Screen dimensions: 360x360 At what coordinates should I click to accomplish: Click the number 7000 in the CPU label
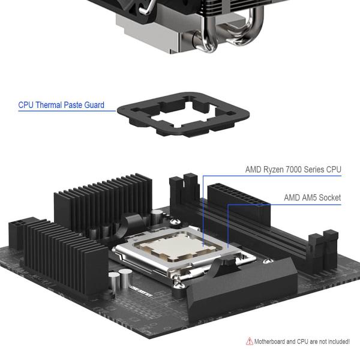click(301, 170)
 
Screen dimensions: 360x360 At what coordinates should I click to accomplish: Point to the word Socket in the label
click(329, 197)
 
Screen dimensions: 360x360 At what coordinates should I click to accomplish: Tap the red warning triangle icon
click(250, 341)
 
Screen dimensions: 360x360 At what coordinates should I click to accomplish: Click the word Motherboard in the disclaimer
click(273, 342)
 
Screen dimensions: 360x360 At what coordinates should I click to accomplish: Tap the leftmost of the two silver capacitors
click(113, 280)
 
